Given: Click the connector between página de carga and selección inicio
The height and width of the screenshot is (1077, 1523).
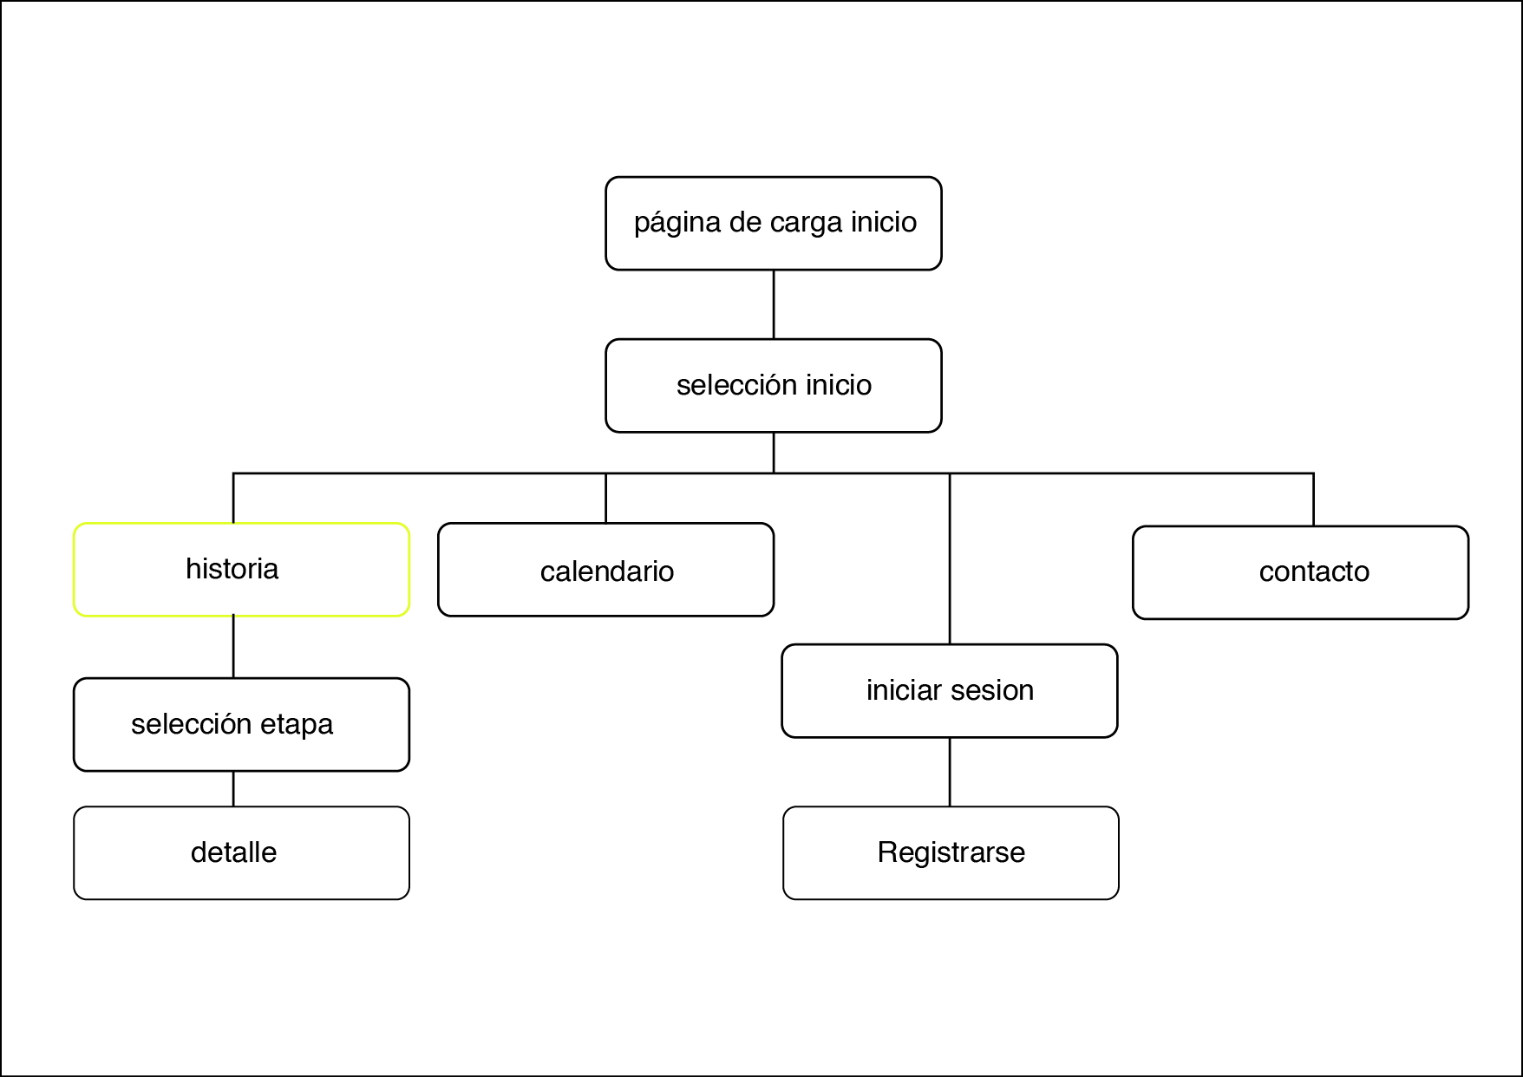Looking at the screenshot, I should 774,304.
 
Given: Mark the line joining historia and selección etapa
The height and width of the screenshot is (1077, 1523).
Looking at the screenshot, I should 233,647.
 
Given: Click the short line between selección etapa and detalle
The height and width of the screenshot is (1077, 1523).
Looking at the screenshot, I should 233,789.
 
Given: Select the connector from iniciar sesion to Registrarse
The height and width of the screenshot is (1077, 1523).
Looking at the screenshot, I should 950,772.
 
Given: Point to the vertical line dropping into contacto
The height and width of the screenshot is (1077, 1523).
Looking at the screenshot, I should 1313,500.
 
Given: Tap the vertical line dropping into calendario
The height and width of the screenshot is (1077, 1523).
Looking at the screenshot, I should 605,499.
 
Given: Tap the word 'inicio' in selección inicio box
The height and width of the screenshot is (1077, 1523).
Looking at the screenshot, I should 838,385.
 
